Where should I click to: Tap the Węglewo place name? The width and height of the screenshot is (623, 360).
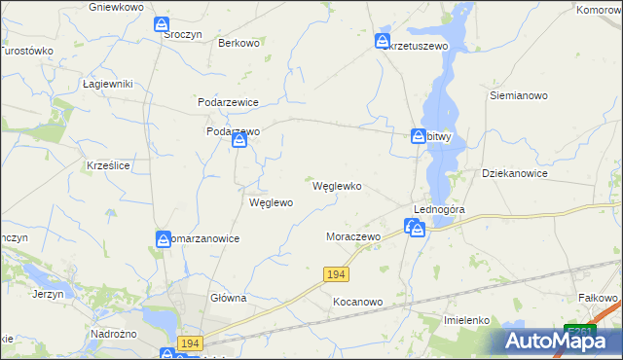(x=272, y=203)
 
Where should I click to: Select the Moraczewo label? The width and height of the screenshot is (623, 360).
(x=351, y=236)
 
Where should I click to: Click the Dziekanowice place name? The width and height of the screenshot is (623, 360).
(x=515, y=173)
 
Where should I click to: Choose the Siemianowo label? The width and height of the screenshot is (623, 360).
(x=519, y=96)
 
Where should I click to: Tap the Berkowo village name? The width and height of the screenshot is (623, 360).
(x=238, y=43)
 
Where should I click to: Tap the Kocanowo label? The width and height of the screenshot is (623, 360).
(x=357, y=303)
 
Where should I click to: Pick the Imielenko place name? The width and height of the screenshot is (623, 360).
(x=465, y=319)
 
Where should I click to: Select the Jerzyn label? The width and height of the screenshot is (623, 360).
(x=48, y=293)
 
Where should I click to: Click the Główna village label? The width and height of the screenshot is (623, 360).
(x=229, y=299)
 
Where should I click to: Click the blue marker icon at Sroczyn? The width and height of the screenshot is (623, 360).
(x=162, y=24)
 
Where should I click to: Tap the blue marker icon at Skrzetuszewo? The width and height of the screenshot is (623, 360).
(x=382, y=41)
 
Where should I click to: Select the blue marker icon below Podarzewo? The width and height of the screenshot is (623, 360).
(x=239, y=142)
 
